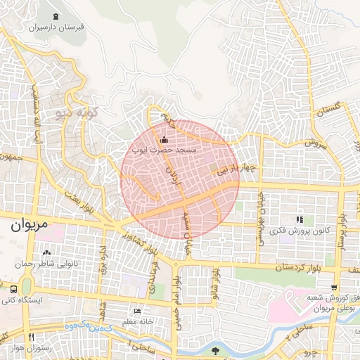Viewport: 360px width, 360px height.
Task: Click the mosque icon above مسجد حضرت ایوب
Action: point(165,139)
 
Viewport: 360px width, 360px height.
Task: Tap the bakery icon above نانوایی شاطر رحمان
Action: point(46,252)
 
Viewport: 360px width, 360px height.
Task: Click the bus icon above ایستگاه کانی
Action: point(14,289)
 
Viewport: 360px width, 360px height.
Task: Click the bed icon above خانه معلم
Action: point(137,311)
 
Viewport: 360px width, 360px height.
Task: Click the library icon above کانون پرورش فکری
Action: point(300,219)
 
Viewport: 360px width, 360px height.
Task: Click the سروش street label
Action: point(316,143)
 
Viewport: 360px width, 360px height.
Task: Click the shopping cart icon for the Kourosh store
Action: point(334,287)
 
